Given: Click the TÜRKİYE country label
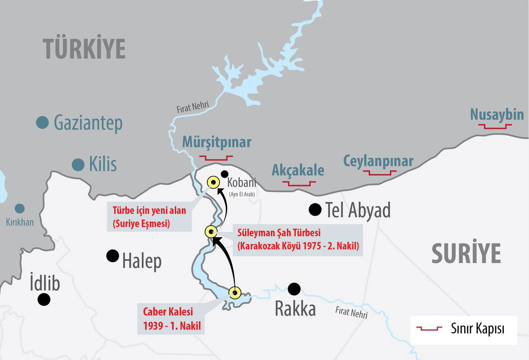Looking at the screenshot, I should (x=84, y=49).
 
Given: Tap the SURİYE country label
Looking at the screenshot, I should (x=466, y=253).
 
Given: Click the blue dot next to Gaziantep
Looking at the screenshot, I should (x=42, y=122).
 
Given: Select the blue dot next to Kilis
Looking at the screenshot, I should (x=78, y=165).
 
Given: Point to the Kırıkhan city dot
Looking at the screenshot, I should (x=19, y=208).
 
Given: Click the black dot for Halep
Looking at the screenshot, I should (x=112, y=256).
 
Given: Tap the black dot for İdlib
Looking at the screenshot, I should (x=44, y=299).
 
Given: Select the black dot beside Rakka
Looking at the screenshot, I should (x=294, y=289).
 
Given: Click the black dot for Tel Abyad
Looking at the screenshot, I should (x=315, y=209).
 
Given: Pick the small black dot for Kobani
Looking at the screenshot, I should (x=225, y=174).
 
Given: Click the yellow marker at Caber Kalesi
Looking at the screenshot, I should (x=235, y=292).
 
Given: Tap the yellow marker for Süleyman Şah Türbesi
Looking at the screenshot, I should (x=211, y=232).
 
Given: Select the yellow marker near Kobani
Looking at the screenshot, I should (x=213, y=182).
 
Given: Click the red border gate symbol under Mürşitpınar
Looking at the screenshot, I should (x=216, y=158).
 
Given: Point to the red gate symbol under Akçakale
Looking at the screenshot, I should (x=299, y=183).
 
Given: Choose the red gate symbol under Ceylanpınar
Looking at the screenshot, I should (x=380, y=172).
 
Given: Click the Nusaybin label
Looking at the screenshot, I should (x=497, y=115).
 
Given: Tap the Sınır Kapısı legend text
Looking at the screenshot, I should (x=477, y=328).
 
